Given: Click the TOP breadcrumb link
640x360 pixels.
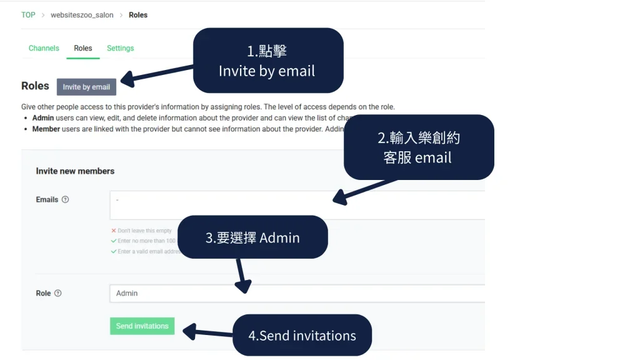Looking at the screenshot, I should pos(28,15).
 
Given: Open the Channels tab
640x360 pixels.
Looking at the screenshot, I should pos(44,48).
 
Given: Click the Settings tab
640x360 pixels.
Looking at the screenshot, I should pos(120,48).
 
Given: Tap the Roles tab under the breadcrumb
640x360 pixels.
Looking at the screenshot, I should pos(82,48).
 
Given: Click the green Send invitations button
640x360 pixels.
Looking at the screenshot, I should pos(142,326).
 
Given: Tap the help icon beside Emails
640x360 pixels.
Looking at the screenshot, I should pos(66,200).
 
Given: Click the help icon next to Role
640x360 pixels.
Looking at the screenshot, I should pos(58,293).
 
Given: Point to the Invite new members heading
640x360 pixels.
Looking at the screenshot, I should pos(75,171).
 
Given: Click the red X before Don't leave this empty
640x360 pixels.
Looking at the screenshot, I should pos(114,231).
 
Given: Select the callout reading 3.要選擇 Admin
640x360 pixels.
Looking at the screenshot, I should pos(252,237).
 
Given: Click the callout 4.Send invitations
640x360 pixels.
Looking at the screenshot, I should pos(302,336).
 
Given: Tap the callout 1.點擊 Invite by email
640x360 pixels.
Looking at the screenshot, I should pos(267,61).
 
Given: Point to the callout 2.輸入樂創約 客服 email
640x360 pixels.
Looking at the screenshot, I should pos(418,147).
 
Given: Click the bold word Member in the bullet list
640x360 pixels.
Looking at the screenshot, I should pos(46,129).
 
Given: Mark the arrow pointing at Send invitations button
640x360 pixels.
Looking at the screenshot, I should pos(206,332).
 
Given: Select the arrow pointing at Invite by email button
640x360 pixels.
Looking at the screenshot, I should pos(156,73).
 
